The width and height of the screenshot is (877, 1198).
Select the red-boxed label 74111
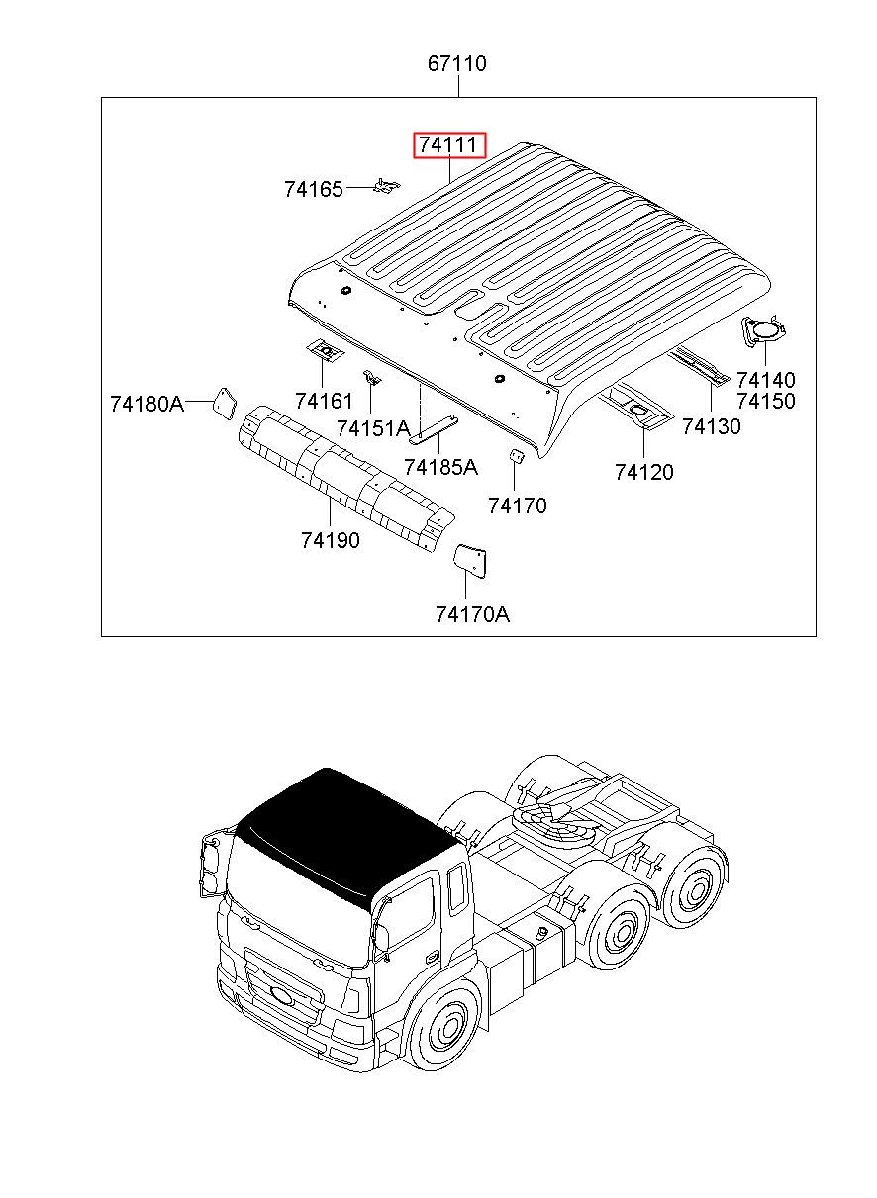(x=449, y=145)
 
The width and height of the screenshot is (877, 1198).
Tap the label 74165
(x=313, y=189)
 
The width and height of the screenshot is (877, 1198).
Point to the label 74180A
(x=146, y=404)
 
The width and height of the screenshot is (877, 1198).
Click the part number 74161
(x=324, y=401)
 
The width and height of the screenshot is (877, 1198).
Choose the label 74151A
(x=373, y=428)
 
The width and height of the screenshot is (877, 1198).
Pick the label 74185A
(x=440, y=468)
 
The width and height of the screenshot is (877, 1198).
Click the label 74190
(x=331, y=540)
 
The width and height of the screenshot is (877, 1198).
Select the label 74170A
(x=472, y=615)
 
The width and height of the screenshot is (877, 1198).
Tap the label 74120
(x=643, y=472)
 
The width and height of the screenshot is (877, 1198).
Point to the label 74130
(x=711, y=426)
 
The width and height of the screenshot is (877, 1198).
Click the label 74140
(x=766, y=380)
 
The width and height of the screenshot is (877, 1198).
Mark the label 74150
(x=766, y=401)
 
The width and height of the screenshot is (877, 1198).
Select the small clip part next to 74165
(x=386, y=186)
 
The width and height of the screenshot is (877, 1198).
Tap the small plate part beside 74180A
(x=226, y=403)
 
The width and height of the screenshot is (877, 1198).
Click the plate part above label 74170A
(x=470, y=561)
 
